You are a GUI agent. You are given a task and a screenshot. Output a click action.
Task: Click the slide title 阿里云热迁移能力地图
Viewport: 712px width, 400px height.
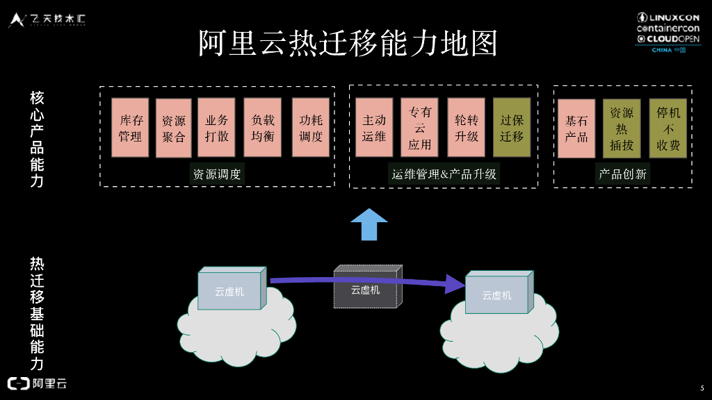click(x=348, y=43)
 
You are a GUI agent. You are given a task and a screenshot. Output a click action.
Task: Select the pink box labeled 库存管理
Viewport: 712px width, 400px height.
click(x=131, y=128)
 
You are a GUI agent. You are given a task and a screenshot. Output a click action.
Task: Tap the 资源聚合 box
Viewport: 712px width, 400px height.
click(x=174, y=128)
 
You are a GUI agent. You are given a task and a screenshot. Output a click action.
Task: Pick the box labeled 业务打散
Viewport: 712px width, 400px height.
click(x=217, y=128)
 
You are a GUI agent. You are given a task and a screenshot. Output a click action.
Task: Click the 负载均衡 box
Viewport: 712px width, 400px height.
click(x=263, y=128)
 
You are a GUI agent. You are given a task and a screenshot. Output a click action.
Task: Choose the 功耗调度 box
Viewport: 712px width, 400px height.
click(x=311, y=128)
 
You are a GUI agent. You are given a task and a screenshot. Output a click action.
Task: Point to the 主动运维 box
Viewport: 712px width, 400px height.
click(x=374, y=128)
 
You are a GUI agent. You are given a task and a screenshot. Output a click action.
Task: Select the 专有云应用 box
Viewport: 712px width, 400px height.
click(x=419, y=128)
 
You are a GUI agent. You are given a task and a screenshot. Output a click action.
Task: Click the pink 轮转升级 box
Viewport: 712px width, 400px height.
click(x=467, y=128)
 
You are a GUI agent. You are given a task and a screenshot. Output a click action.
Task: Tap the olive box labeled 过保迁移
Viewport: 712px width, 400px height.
click(x=512, y=128)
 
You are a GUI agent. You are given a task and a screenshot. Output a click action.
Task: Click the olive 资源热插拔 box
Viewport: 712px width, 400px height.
click(x=622, y=128)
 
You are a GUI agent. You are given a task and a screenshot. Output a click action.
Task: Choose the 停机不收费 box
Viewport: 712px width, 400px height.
click(x=668, y=128)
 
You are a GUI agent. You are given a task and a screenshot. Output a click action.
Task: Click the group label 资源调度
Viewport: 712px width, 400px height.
click(x=217, y=174)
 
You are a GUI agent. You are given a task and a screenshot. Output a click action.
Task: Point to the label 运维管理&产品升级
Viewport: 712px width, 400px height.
click(x=444, y=174)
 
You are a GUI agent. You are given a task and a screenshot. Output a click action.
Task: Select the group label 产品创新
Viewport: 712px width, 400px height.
click(x=623, y=174)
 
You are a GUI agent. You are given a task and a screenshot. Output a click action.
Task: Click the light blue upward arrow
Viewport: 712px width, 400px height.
click(x=369, y=224)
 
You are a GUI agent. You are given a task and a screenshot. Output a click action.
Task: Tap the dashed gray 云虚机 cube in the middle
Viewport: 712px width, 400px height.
click(x=366, y=287)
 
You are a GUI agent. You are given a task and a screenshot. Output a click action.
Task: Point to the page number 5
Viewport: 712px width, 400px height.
click(x=702, y=387)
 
